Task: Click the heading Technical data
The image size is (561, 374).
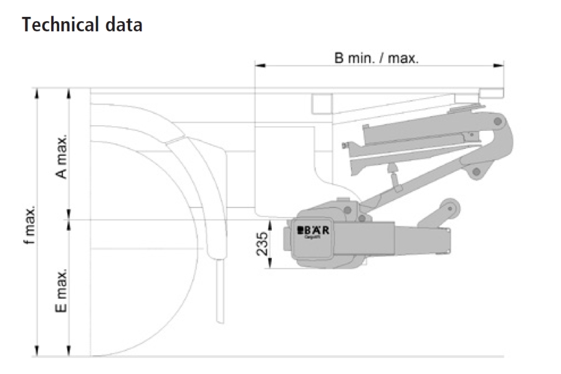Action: [82, 25]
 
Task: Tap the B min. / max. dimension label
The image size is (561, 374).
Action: [376, 59]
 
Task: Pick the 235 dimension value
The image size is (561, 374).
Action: [262, 244]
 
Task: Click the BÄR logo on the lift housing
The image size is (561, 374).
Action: [313, 230]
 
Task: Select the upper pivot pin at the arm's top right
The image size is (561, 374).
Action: [499, 120]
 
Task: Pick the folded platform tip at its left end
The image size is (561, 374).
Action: [345, 146]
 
